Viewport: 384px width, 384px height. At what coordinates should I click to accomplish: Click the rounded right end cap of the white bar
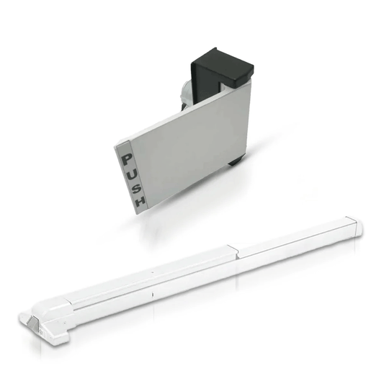[354, 225]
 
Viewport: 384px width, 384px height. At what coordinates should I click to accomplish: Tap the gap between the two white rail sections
[235, 251]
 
